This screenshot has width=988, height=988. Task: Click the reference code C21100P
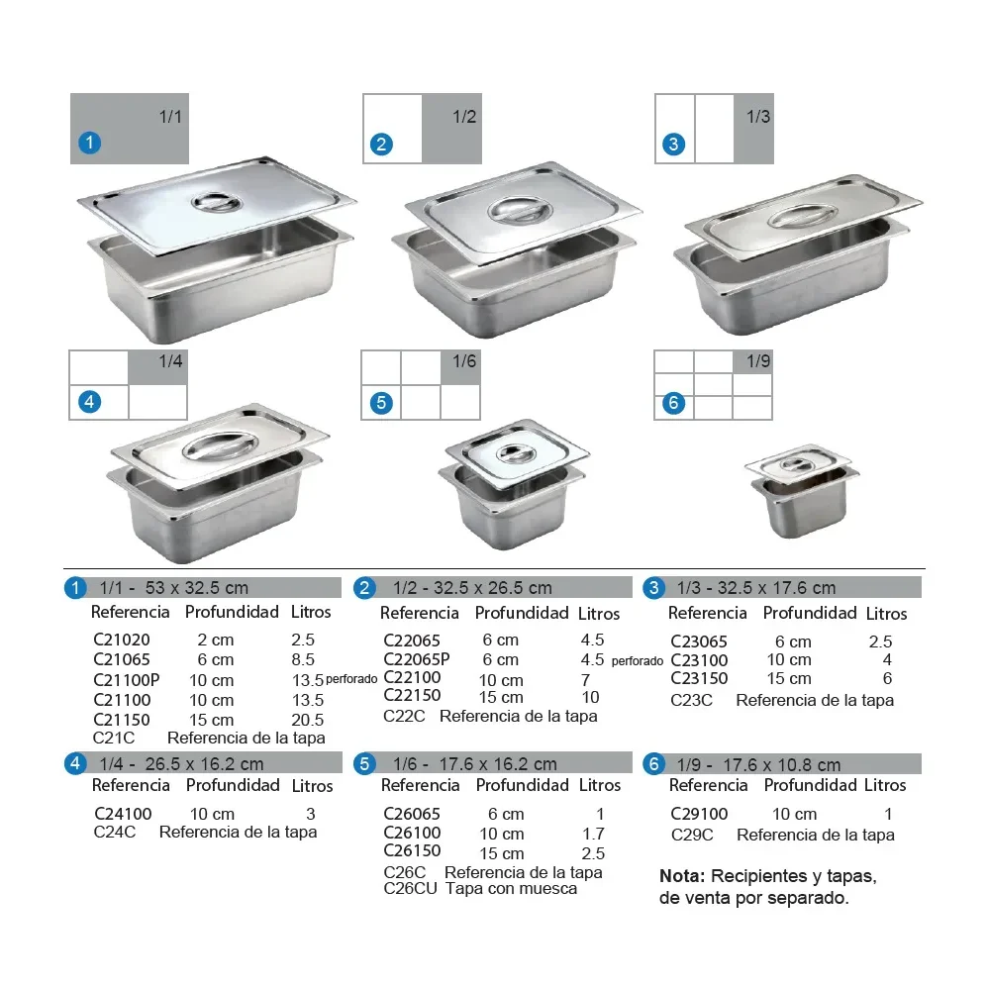[x=126, y=680]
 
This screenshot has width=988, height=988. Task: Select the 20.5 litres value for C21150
[x=308, y=720]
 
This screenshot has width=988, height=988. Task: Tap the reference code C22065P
[x=417, y=659]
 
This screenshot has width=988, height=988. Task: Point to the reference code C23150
[x=699, y=678]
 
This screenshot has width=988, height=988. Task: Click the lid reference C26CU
[x=410, y=888]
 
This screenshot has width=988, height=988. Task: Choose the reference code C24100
[x=123, y=814]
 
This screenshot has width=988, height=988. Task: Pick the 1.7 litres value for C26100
[x=594, y=834]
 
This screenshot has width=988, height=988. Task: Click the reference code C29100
[x=699, y=814]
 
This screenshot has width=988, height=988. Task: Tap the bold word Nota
[x=682, y=876]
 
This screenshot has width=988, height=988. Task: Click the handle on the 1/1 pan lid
[x=217, y=202]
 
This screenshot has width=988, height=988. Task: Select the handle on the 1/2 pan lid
[x=520, y=210]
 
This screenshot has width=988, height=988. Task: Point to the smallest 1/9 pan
[x=802, y=491]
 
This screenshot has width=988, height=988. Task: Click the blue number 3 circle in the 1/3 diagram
[x=673, y=145]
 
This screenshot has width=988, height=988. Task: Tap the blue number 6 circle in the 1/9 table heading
[x=654, y=764]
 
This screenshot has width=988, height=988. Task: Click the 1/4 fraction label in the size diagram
[x=170, y=361]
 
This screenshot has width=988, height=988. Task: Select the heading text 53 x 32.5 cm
[x=197, y=588]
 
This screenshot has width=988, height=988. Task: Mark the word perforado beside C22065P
[x=637, y=661]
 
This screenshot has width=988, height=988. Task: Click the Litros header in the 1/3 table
[x=887, y=613]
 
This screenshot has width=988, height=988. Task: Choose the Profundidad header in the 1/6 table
[x=523, y=785]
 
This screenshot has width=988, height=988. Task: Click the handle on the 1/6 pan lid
[x=516, y=453]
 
